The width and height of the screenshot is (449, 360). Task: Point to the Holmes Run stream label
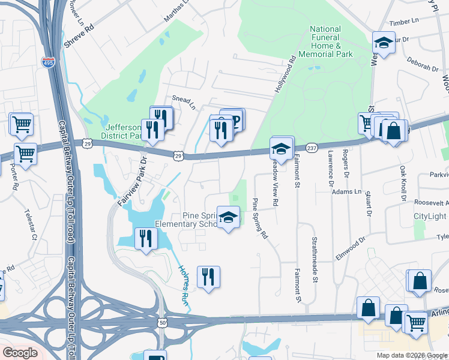(x=183, y=278)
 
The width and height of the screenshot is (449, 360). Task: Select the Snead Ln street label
(x=184, y=102)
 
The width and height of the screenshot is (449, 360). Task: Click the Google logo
(x=20, y=353)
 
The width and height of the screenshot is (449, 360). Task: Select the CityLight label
(x=430, y=216)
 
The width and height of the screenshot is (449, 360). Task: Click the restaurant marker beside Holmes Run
(x=208, y=277)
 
